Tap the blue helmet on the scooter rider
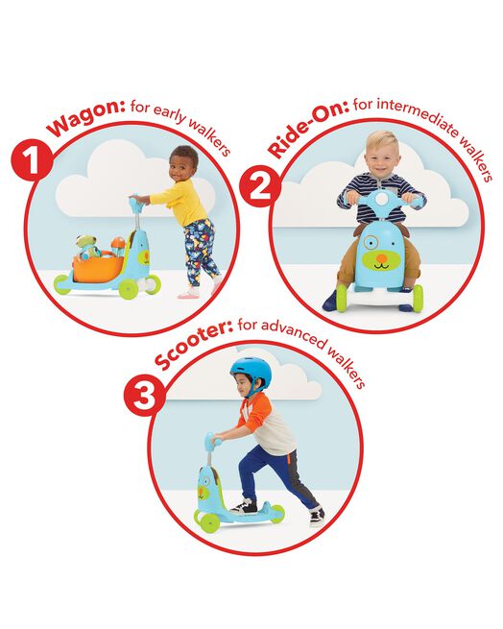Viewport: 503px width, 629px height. tap(251, 371)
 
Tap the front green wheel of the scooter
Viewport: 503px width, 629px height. tap(204, 519)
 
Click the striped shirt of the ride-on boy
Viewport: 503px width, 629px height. tap(381, 189)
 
